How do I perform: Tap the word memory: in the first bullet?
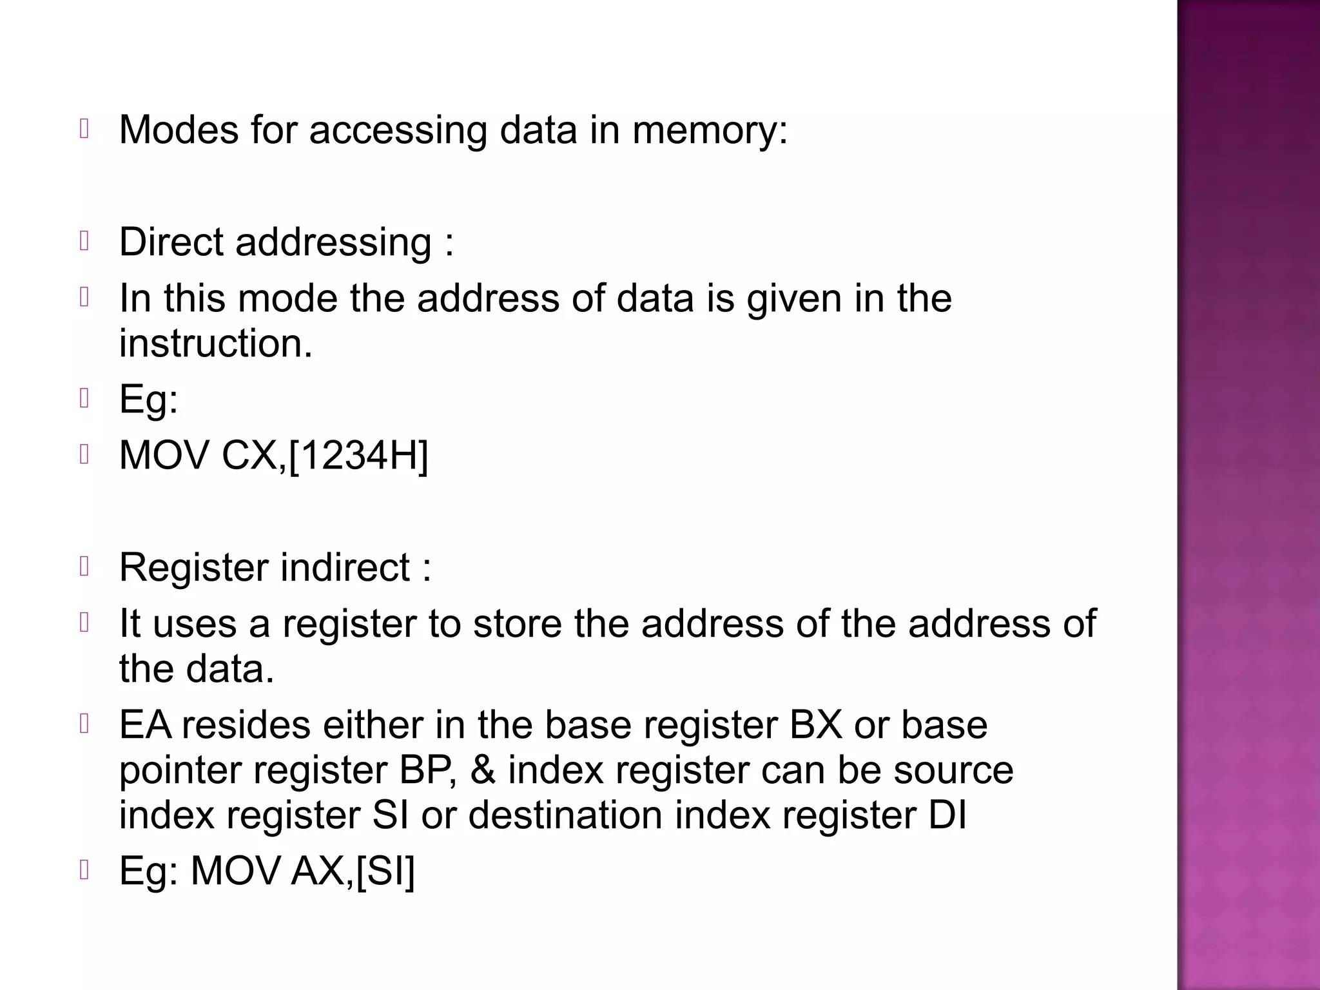(x=709, y=130)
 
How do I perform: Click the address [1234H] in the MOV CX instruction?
(x=358, y=456)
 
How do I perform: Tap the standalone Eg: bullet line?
(x=148, y=400)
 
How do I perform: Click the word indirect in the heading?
(x=345, y=568)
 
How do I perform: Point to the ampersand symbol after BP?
(x=483, y=770)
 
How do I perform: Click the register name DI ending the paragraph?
(x=947, y=815)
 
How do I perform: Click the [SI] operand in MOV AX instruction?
(x=385, y=871)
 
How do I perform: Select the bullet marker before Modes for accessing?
(x=84, y=129)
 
